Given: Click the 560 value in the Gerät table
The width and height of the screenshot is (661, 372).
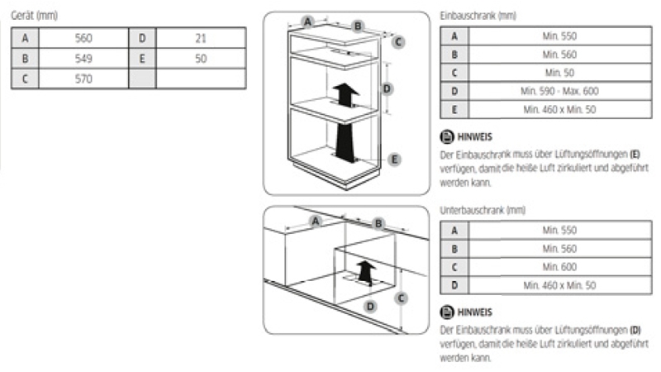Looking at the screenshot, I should (83, 38).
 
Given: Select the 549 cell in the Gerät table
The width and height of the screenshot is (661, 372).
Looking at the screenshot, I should (83, 59).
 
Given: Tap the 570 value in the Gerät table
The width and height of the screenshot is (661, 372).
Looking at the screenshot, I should (83, 79).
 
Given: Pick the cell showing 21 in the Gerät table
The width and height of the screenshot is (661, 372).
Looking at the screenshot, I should (201, 38).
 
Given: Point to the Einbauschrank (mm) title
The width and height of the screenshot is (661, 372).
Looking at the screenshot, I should (479, 16).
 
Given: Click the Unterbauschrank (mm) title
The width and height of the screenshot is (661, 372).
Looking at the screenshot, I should (483, 211).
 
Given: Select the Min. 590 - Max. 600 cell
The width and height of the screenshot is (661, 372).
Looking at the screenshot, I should (559, 91).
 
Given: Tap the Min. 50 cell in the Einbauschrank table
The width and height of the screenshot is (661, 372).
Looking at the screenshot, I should (559, 73).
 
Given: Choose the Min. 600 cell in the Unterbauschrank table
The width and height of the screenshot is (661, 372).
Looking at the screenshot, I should (559, 267).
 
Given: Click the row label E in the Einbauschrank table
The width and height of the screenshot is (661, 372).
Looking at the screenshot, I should (454, 109).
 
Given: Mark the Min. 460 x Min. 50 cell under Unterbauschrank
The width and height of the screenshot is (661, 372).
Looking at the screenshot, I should (559, 285).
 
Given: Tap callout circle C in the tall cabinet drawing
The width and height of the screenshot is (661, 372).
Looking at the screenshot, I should (398, 41).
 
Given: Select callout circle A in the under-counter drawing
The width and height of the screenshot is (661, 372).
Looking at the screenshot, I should (315, 221).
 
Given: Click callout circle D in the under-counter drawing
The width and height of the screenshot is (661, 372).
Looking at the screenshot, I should (370, 306).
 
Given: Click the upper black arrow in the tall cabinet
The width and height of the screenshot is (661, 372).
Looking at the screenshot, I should (345, 93).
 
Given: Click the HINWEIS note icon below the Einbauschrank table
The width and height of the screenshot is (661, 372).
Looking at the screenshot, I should (447, 136).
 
